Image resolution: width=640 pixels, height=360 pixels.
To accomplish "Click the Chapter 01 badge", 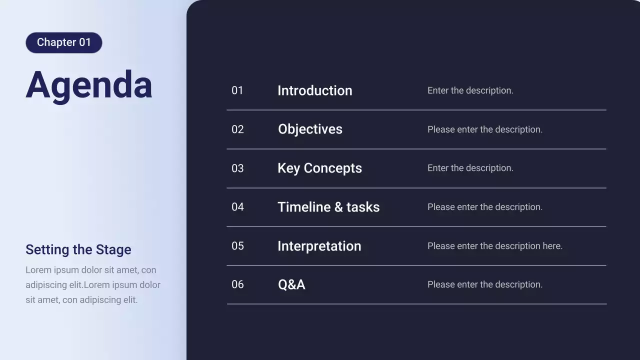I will click(64, 42).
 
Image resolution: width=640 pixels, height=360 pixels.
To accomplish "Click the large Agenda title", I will click(89, 85).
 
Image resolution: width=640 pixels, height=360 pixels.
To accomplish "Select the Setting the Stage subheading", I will click(78, 249).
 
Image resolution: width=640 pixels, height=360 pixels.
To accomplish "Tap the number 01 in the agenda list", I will click(237, 90).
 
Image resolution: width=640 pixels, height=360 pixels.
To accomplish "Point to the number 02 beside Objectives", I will click(237, 129).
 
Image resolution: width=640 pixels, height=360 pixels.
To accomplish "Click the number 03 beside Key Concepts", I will click(237, 168).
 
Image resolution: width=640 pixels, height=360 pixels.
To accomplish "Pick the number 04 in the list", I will click(237, 207).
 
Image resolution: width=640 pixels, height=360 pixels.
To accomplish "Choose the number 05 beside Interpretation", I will click(237, 246).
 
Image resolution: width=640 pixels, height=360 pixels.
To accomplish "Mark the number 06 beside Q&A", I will click(237, 284).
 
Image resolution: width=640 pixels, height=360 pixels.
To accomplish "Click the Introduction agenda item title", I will click(315, 90).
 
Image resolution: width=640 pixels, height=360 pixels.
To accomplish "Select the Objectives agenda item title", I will click(310, 129).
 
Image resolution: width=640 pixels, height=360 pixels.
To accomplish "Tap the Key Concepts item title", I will click(319, 168).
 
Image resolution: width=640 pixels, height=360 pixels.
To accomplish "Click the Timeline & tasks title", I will click(328, 207).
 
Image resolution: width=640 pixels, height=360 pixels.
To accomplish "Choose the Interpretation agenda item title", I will click(319, 246).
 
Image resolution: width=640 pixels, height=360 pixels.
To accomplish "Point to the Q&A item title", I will click(291, 284).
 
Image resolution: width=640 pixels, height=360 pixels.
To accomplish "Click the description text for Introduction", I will click(470, 90).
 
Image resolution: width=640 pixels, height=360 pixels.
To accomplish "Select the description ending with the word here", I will click(494, 246).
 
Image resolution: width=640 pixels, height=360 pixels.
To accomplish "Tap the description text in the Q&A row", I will click(484, 284).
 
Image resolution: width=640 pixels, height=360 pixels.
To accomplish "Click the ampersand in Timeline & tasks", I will click(338, 207).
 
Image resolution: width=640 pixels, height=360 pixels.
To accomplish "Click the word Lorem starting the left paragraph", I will click(38, 270).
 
